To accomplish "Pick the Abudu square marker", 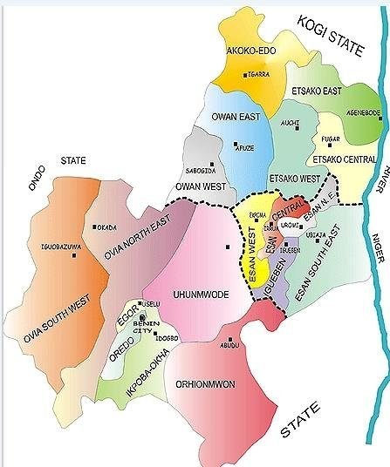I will pyautogui.click(x=229, y=340).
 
